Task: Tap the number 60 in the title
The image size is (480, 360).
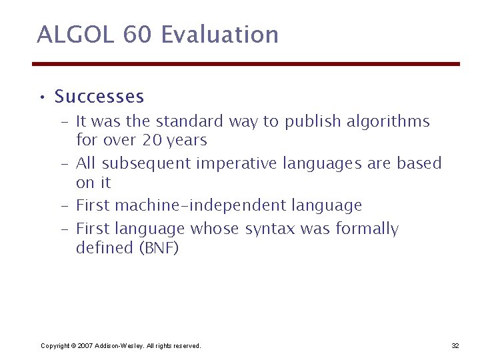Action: (137, 35)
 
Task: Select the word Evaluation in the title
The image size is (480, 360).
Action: (219, 35)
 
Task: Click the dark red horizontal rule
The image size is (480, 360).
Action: (246, 64)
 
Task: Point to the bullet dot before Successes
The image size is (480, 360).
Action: (41, 98)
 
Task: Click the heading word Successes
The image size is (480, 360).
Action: (99, 97)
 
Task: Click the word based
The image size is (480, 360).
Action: (420, 163)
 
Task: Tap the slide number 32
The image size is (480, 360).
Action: (455, 345)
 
